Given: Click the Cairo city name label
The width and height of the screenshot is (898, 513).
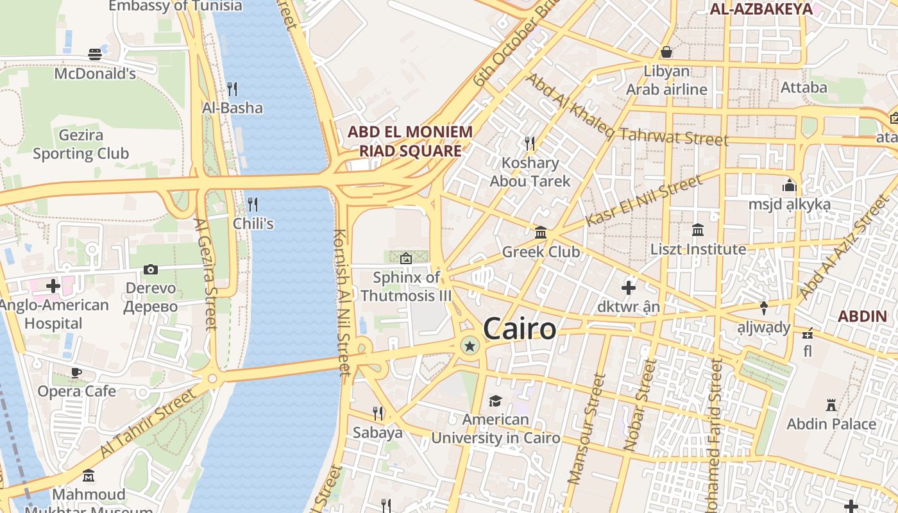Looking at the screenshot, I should [x=520, y=329].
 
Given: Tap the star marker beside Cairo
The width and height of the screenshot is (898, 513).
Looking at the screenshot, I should [x=470, y=346].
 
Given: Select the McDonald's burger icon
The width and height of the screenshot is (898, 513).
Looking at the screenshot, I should [x=95, y=55].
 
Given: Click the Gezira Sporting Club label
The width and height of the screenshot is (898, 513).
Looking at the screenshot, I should [x=81, y=145].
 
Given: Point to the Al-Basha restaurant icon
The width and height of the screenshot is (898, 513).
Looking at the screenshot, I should [x=232, y=88].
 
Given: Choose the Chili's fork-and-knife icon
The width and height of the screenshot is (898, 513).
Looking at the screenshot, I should [x=253, y=205].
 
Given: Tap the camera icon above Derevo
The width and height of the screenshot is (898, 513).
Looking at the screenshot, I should [x=151, y=269].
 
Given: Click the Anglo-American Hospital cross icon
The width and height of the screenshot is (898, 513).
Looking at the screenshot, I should [x=53, y=285].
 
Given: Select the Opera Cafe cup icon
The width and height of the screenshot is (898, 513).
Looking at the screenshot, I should [x=76, y=373].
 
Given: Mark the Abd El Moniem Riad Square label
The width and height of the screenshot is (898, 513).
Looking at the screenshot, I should [x=410, y=142].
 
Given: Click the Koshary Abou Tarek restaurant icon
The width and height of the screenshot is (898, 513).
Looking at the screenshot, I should [x=530, y=143].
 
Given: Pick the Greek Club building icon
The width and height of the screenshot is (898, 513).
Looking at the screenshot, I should [x=541, y=232].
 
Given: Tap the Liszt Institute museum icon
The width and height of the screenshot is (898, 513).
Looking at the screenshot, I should [x=698, y=230].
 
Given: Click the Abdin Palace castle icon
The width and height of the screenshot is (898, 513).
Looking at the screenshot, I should [x=831, y=405].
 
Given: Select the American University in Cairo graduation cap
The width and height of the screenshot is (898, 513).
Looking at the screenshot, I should [x=495, y=401].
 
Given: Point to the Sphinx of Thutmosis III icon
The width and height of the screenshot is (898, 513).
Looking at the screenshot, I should [x=405, y=258].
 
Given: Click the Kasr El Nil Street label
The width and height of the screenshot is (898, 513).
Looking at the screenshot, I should [x=643, y=201].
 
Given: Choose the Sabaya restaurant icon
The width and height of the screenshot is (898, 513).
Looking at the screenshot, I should [x=378, y=413].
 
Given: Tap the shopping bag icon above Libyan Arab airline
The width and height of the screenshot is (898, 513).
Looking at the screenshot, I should [x=666, y=51].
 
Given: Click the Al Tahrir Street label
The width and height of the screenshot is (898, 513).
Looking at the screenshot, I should [x=148, y=424].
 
